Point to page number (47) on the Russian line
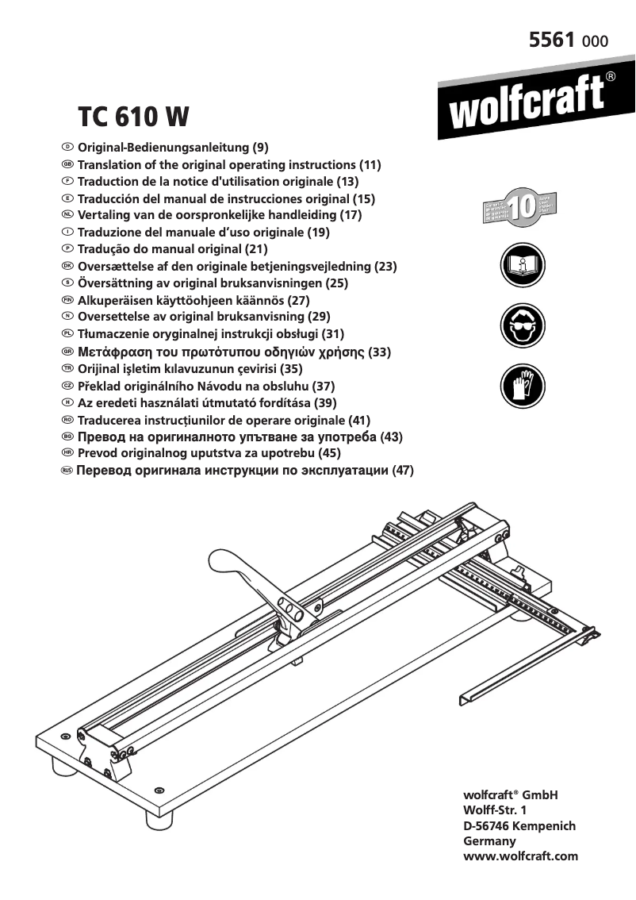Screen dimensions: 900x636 pyautogui.click(x=404, y=471)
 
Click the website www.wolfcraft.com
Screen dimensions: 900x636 pyautogui.click(x=519, y=856)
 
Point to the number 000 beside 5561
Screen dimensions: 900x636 pyautogui.click(x=596, y=41)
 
